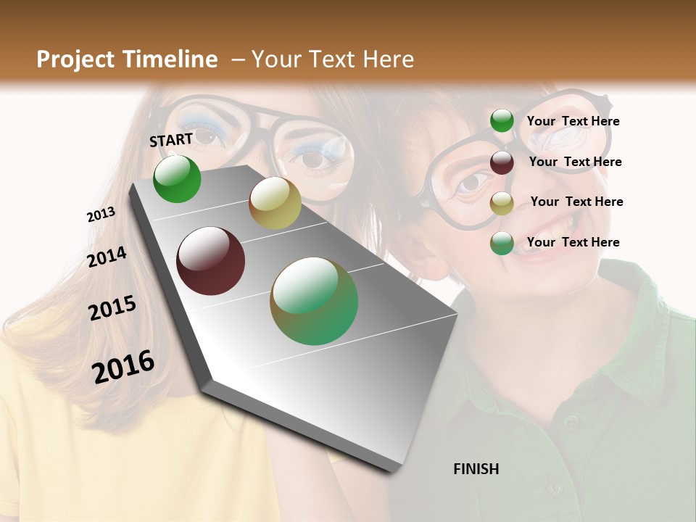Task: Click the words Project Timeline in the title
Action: tap(127, 59)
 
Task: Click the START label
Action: tap(171, 140)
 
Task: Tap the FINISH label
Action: tap(476, 469)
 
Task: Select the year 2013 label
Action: tap(101, 215)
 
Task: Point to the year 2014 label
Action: tap(107, 257)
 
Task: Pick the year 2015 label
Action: tap(112, 308)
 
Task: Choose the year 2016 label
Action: tap(123, 367)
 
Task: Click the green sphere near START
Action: tap(177, 179)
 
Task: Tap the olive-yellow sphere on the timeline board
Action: tap(275, 203)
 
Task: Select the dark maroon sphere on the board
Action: tap(211, 261)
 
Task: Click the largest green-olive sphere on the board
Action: tap(314, 301)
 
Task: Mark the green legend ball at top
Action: tap(502, 121)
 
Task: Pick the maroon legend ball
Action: tap(502, 162)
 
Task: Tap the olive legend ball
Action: tap(502, 203)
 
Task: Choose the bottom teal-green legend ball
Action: tap(502, 243)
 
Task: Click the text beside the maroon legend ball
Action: tap(575, 162)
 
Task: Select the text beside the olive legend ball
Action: tap(576, 202)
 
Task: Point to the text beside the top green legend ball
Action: tap(573, 121)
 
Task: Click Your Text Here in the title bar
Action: tap(333, 59)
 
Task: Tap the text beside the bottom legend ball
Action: tap(573, 242)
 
